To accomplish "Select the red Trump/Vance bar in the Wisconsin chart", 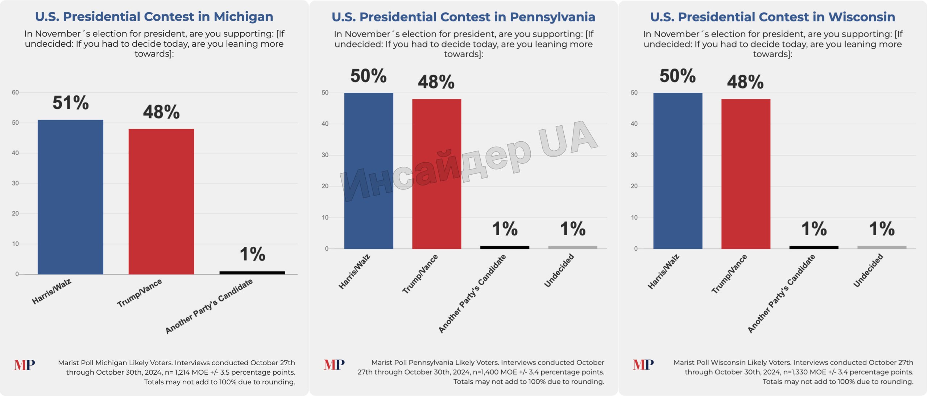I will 746,174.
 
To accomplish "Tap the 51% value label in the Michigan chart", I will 71,103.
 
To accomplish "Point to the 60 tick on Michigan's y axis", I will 15,92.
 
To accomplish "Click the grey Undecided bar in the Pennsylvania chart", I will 572,247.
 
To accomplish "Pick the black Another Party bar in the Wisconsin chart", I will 814,247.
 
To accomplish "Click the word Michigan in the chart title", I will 243,17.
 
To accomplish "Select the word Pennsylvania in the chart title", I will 552,17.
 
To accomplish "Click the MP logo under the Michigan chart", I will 25,365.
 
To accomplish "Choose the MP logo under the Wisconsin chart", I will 643,364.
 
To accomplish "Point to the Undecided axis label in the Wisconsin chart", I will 868,270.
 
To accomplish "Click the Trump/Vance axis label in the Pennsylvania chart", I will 420,274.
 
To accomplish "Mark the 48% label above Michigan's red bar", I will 161,112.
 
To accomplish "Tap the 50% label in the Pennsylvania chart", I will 368,76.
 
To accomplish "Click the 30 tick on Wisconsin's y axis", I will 634,155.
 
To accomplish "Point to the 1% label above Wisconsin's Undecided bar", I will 882,229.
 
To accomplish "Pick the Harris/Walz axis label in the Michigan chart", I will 51,292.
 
